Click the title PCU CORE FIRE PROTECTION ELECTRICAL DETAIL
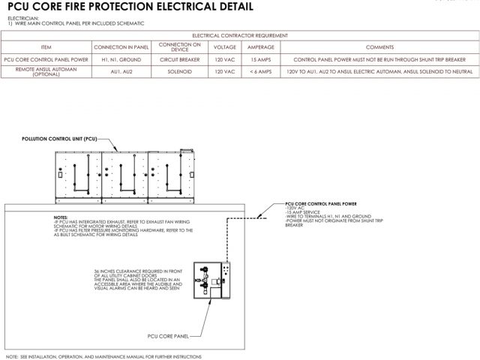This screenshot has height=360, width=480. coord(127,7)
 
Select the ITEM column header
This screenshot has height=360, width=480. coord(46,46)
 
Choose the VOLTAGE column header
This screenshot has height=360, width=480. coord(224,46)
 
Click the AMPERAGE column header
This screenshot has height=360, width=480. coord(260,46)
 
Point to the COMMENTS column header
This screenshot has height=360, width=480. coord(379,46)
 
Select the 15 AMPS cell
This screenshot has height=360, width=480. coord(260,58)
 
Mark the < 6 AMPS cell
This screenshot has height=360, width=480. coord(260,71)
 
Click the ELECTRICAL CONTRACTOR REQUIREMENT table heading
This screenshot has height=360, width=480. coord(239,35)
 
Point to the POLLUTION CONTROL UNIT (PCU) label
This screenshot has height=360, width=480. coord(59,139)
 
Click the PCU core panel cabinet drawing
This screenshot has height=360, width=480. coord(214,281)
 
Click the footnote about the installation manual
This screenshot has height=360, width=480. coord(100,356)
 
